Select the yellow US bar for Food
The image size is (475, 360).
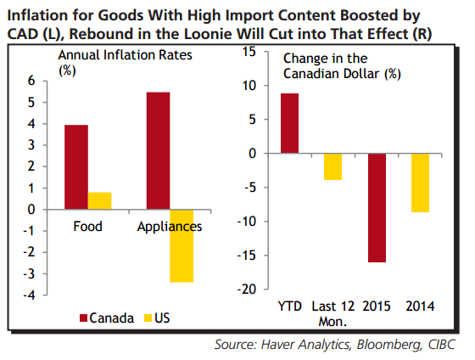click(x=99, y=201)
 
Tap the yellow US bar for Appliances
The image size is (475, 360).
click(x=182, y=245)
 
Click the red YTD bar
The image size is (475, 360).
click(x=289, y=124)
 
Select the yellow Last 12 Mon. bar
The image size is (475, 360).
click(x=332, y=167)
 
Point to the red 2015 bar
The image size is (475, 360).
click(x=377, y=208)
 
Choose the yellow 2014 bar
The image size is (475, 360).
click(x=419, y=183)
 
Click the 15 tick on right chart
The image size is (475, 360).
click(x=249, y=52)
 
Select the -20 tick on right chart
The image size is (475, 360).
click(x=246, y=289)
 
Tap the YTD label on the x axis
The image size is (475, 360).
click(x=289, y=305)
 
